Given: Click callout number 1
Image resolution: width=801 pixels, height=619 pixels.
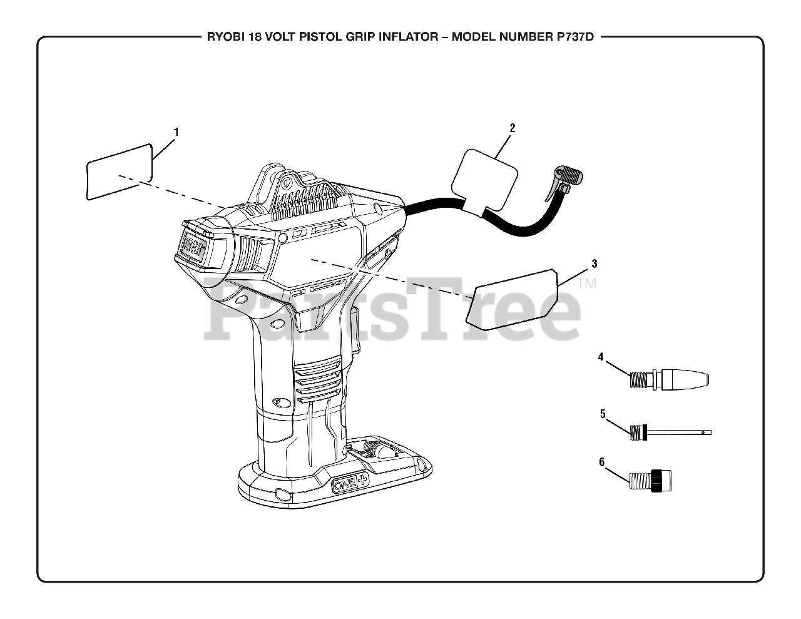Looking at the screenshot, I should [x=176, y=132].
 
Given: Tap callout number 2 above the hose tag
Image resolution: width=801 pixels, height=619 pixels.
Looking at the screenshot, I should [x=512, y=128].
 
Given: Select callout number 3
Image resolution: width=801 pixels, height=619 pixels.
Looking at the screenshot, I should [x=594, y=263].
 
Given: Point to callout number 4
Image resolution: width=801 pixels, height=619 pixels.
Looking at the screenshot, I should [x=601, y=357].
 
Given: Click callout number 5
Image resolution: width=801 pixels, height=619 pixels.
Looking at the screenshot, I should [x=602, y=414].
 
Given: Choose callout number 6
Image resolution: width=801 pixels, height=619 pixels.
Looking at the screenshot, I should [x=602, y=463].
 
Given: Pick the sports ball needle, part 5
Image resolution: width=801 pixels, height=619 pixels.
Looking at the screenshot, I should [x=673, y=431].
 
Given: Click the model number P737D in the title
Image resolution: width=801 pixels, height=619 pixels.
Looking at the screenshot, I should [x=571, y=36].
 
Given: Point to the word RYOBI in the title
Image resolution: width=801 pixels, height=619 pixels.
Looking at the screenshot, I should [x=226, y=36].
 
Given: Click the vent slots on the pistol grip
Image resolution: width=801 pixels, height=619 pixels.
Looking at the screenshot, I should [x=319, y=382].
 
